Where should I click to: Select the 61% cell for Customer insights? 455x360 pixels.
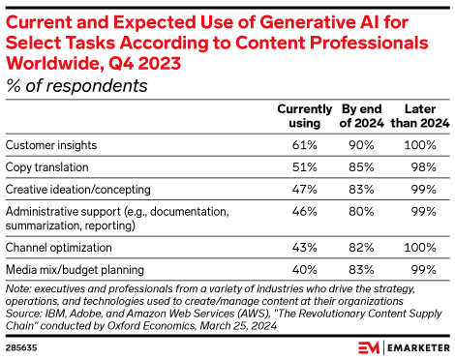pos(306,145)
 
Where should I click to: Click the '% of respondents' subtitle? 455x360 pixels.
pos(76,85)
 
